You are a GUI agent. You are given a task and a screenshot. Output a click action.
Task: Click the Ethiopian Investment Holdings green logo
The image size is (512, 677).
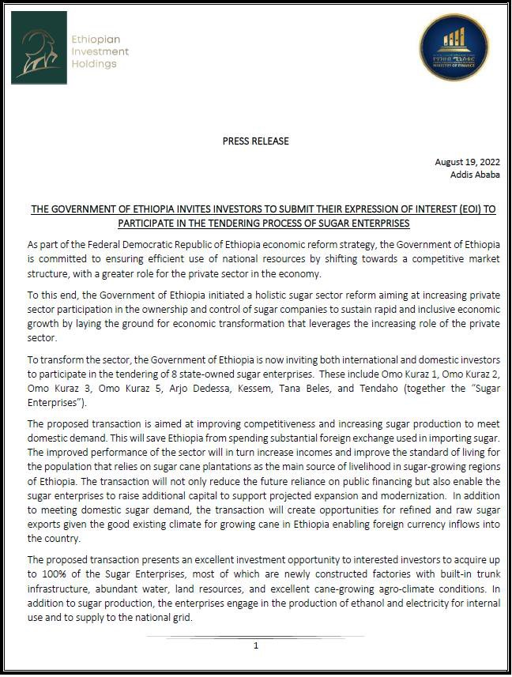click(x=39, y=47)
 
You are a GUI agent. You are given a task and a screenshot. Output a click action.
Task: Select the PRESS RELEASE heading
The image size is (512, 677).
click(x=255, y=141)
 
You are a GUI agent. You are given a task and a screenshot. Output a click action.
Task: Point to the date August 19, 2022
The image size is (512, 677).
click(x=467, y=162)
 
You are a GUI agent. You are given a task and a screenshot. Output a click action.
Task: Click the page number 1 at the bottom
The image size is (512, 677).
click(x=256, y=645)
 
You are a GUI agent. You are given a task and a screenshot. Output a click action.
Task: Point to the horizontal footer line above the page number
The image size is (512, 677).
click(x=256, y=636)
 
